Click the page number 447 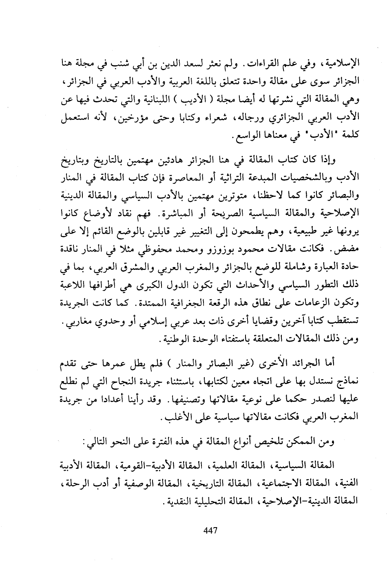coord(209,530)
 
